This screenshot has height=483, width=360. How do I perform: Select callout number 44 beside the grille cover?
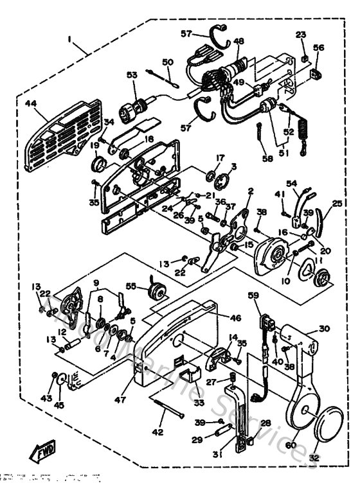point(31,104)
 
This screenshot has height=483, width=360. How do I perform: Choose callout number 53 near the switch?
point(132,75)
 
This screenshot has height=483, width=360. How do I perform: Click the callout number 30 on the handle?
point(324,328)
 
